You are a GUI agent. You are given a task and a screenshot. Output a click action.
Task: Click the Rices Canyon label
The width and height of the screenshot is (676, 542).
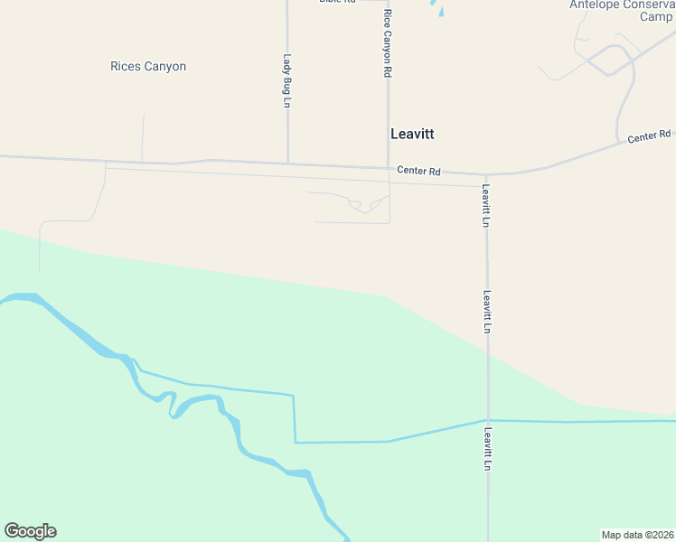148,67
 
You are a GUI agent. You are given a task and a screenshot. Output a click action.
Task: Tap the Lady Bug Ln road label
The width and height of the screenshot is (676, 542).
286,80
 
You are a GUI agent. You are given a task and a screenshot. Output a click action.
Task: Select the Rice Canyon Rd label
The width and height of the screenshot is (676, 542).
387,44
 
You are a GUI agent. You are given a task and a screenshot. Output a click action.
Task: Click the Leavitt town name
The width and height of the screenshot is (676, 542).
412,134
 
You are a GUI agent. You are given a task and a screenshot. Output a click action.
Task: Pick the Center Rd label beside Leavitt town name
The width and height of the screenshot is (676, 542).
418,171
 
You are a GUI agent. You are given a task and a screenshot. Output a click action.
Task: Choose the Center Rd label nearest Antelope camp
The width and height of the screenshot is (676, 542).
649,136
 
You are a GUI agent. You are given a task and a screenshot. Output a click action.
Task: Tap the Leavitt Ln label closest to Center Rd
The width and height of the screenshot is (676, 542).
486,205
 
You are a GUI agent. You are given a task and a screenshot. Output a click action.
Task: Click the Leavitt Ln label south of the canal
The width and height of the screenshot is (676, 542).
488,449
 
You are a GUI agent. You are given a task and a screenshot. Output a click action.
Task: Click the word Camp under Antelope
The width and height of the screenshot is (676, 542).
656,16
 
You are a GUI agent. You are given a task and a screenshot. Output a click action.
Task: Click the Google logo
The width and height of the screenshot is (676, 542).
30,531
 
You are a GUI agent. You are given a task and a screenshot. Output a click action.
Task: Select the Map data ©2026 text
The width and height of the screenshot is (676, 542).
637,535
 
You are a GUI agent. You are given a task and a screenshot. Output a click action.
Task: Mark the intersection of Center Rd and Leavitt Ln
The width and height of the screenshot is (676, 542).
486,175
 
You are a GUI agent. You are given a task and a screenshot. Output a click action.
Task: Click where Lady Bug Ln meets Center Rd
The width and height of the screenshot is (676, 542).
287,164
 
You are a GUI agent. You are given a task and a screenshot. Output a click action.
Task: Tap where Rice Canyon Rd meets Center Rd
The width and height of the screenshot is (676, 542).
389,168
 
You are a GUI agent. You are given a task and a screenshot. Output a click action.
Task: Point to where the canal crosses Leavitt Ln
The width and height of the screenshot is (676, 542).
488,420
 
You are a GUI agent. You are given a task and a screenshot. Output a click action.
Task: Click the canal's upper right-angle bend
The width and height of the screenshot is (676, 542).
294,395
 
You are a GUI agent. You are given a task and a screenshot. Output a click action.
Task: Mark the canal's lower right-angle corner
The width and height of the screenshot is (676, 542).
296,443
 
